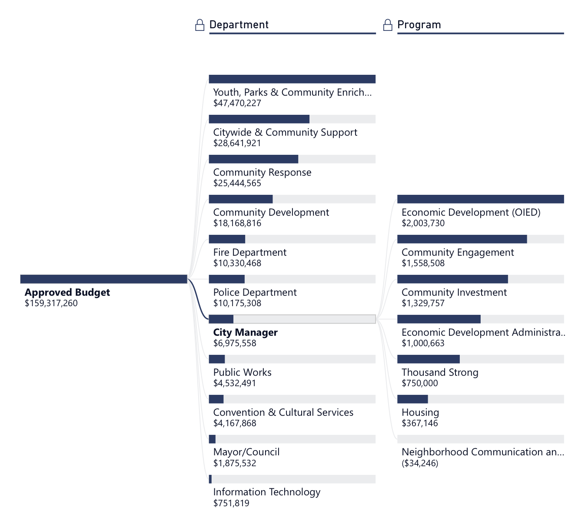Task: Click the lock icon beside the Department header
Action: coord(199,25)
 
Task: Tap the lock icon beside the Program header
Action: coord(388,25)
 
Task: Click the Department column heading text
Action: coord(239,25)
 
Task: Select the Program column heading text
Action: coord(419,25)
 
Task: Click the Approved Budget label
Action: coord(67,292)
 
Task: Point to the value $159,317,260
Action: coord(51,303)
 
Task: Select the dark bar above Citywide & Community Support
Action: coord(259,119)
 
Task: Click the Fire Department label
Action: coord(250,252)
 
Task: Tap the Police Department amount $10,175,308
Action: coord(237,303)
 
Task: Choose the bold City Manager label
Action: coord(245,332)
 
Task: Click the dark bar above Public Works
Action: coord(217,359)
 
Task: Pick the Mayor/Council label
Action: coord(246,452)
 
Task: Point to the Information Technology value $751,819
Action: coord(231,503)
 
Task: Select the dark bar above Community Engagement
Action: coord(462,239)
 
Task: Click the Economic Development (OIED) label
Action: coord(471,212)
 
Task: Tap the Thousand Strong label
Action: coord(440,372)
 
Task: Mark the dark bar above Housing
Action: coord(412,399)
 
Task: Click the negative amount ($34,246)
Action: coord(420,463)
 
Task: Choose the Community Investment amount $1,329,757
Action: coord(423,303)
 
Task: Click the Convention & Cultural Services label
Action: coord(283,412)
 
